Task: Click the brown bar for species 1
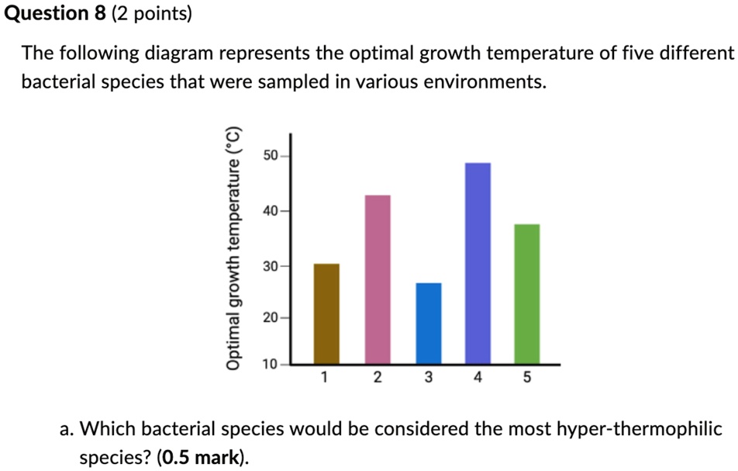coord(326,313)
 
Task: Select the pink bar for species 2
coord(378,279)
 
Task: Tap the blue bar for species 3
coord(429,324)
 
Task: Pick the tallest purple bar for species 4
coord(478,263)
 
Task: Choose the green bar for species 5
coord(527,294)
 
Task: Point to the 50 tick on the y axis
coord(271,156)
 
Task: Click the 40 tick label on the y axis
coord(271,210)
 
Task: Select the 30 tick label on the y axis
coord(271,266)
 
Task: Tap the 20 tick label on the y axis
coord(271,317)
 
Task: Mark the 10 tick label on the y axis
coord(271,364)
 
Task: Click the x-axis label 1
coord(325,379)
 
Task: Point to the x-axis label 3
coord(427,379)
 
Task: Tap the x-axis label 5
coord(527,379)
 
